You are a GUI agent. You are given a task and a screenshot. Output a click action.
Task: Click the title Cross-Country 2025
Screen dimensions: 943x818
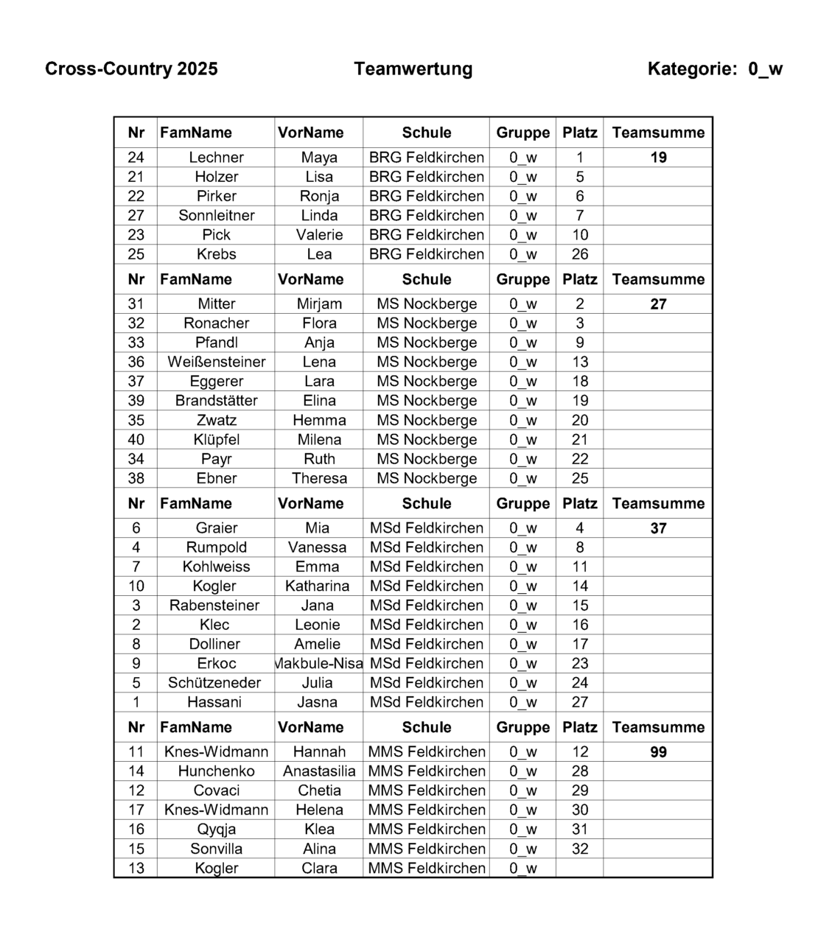(131, 69)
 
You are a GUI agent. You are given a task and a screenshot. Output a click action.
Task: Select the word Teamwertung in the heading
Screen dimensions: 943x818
(413, 69)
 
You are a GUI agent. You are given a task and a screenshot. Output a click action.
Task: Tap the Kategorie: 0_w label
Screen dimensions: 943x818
(714, 69)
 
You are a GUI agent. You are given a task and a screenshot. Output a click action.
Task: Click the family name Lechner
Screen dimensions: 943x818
(216, 158)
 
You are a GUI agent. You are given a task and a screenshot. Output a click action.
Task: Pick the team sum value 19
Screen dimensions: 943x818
(658, 158)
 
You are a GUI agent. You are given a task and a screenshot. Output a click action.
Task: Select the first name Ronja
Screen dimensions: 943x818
(319, 196)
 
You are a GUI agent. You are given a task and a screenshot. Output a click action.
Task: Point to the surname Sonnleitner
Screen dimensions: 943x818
(216, 215)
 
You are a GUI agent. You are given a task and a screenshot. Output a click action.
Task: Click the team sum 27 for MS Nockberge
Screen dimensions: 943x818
(658, 304)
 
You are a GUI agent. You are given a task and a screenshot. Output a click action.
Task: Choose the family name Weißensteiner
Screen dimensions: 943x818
(216, 362)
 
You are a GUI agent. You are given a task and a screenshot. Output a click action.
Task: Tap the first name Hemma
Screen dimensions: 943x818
(319, 420)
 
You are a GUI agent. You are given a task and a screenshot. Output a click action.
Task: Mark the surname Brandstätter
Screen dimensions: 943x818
(216, 401)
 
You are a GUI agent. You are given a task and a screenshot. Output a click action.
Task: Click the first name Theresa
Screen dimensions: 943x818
(319, 478)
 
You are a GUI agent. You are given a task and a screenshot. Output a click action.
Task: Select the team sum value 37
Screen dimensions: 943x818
(658, 528)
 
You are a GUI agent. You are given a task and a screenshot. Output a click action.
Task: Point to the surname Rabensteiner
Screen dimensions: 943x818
(214, 606)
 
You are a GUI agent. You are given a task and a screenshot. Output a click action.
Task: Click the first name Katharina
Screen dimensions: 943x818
(318, 586)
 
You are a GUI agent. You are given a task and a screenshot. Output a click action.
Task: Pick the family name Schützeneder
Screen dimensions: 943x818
(214, 683)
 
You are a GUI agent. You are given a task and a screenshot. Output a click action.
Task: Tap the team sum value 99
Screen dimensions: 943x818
(658, 752)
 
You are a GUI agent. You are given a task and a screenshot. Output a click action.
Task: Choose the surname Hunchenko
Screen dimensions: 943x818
(216, 771)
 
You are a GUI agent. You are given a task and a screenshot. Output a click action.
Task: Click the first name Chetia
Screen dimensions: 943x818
(319, 790)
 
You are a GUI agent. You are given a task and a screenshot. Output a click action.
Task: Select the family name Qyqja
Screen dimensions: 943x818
(216, 830)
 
